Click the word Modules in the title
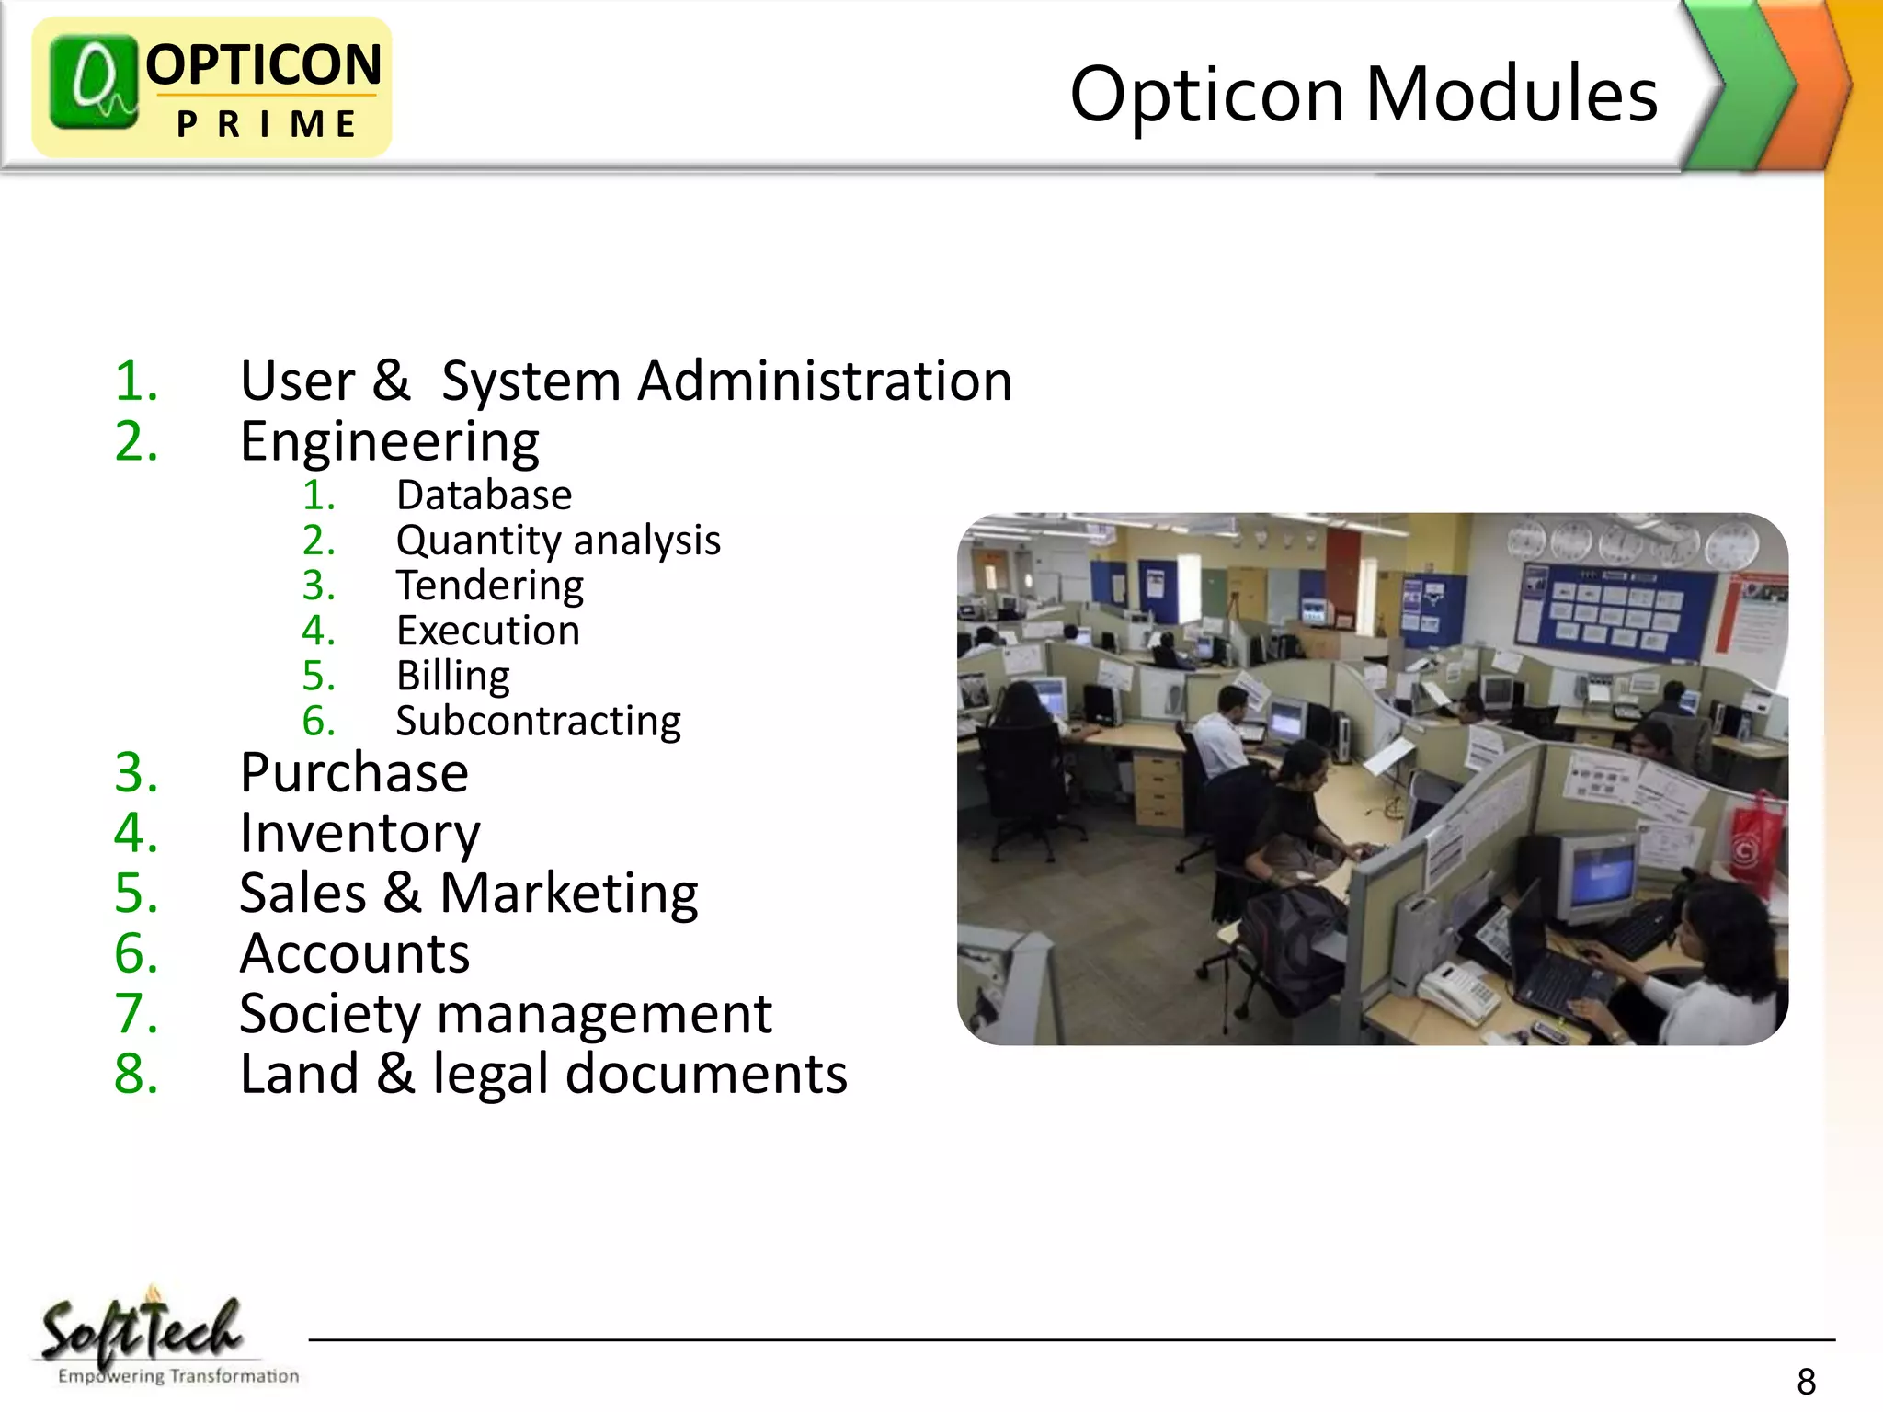click(x=1512, y=94)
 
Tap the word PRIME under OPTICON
click(x=267, y=124)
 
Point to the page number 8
click(x=1806, y=1382)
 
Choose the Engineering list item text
click(x=390, y=442)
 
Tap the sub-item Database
click(x=484, y=495)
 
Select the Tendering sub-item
click(x=489, y=586)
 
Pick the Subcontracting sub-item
click(x=538, y=722)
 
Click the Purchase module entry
click(x=354, y=772)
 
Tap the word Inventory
click(x=359, y=833)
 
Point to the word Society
click(x=329, y=1014)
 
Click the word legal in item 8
click(x=490, y=1074)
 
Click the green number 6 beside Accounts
click(x=135, y=953)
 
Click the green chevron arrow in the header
click(x=1740, y=85)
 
